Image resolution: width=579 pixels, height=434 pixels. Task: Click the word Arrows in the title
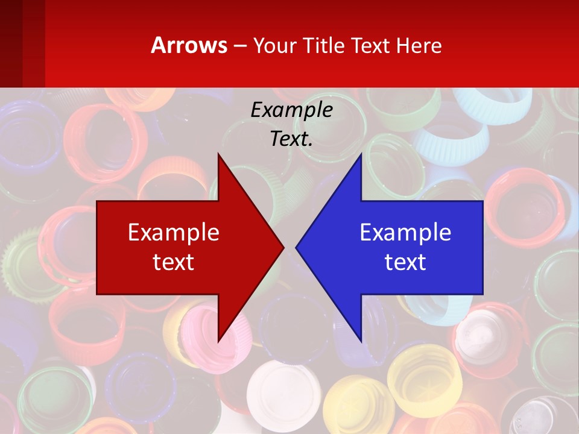point(189,45)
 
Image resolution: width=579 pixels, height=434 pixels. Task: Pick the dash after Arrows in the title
point(239,46)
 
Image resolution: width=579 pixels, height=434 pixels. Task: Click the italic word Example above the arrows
point(291,110)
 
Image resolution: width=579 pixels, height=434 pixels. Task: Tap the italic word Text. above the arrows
point(291,139)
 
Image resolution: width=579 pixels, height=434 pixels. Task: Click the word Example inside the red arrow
point(174,233)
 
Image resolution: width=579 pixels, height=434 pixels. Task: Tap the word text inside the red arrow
point(174,262)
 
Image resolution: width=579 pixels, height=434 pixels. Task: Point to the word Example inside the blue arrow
point(405,233)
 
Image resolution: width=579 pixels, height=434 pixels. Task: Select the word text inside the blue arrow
point(405,262)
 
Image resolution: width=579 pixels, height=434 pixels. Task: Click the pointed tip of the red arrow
point(283,247)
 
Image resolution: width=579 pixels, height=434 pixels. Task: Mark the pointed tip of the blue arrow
point(297,247)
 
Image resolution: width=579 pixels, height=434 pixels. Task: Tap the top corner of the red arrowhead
point(218,154)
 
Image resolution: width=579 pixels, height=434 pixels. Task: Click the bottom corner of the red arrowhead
point(218,341)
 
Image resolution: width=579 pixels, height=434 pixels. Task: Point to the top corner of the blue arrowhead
point(361,154)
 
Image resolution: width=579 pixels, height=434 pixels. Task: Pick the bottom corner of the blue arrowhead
point(361,341)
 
